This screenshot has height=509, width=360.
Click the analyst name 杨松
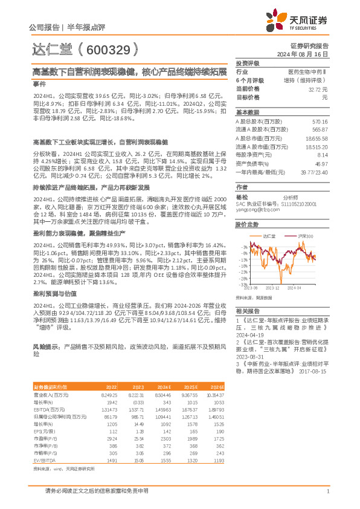click(x=242, y=197)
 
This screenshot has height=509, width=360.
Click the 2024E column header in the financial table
click(x=164, y=386)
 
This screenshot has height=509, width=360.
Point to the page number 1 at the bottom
click(x=327, y=490)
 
